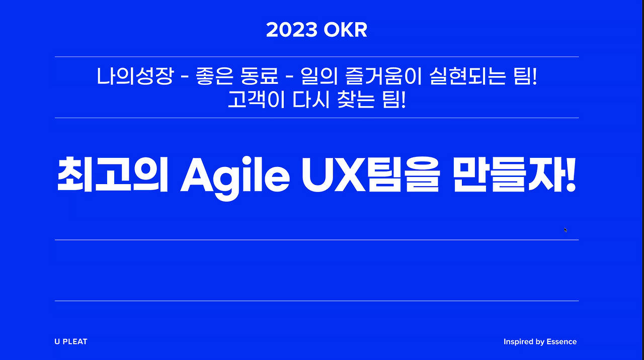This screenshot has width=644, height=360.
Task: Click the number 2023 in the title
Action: pyautogui.click(x=292, y=31)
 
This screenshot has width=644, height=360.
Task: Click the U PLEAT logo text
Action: pyautogui.click(x=71, y=341)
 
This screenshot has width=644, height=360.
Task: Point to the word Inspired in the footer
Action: pyautogui.click(x=518, y=342)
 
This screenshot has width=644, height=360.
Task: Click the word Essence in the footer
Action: pyautogui.click(x=561, y=342)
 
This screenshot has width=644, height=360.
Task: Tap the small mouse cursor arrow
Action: pyautogui.click(x=566, y=230)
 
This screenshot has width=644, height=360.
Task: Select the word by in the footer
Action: pyautogui.click(x=539, y=342)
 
